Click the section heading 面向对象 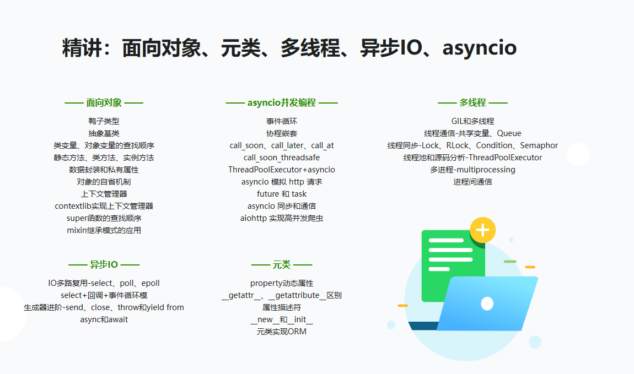[104, 102]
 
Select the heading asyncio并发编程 [281, 102]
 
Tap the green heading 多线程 [472, 102]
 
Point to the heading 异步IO [104, 264]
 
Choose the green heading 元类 [281, 264]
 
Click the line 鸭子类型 [104, 121]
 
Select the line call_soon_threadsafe [281, 158]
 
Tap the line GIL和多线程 [472, 121]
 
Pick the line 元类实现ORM [281, 332]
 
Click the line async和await [104, 319]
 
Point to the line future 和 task [281, 194]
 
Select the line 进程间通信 [472, 182]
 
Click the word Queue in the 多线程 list [509, 133]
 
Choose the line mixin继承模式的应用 [104, 230]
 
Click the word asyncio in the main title [480, 48]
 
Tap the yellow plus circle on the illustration [483, 230]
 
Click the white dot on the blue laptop [487, 303]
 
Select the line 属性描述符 [281, 307]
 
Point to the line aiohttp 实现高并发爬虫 [281, 218]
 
